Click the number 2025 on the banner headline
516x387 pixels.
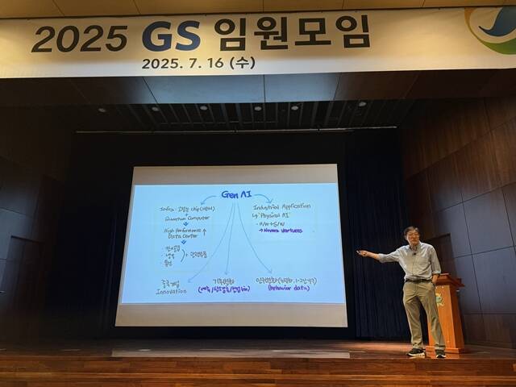pyautogui.click(x=79, y=38)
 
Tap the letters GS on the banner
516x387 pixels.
pyautogui.click(x=170, y=35)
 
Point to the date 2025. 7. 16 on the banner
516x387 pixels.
pyautogui.click(x=183, y=63)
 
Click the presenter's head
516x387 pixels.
pyautogui.click(x=412, y=235)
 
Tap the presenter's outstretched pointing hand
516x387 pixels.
pyautogui.click(x=363, y=254)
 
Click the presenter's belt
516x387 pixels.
pyautogui.click(x=418, y=279)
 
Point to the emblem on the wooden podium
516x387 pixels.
pyautogui.click(x=439, y=299)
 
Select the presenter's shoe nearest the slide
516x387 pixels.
pyautogui.click(x=416, y=352)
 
